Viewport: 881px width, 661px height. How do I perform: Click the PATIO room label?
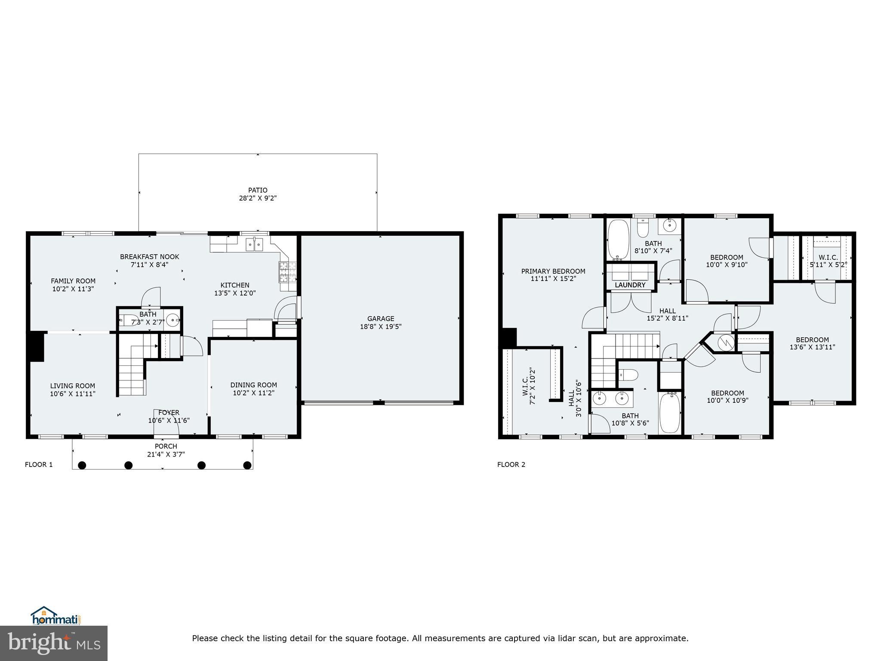(x=258, y=190)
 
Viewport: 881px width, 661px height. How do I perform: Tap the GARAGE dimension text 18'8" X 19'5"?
(x=381, y=327)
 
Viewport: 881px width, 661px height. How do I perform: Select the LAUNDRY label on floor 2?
(x=630, y=285)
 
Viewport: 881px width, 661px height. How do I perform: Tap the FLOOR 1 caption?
(x=39, y=464)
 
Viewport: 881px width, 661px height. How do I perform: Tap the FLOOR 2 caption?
(x=511, y=464)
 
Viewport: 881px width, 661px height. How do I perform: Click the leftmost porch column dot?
(x=82, y=465)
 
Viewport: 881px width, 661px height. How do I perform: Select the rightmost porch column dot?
(x=247, y=465)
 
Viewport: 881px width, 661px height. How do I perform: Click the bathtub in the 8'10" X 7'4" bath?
(x=618, y=239)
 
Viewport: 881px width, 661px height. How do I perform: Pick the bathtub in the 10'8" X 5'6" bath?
(x=669, y=412)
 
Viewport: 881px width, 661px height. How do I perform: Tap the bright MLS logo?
(x=54, y=643)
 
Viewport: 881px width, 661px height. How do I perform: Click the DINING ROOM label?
(x=253, y=385)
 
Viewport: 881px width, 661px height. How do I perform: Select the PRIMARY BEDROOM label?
(x=553, y=271)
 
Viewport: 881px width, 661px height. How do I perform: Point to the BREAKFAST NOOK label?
(x=149, y=257)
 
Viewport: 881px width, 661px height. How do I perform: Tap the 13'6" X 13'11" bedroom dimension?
(x=812, y=347)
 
